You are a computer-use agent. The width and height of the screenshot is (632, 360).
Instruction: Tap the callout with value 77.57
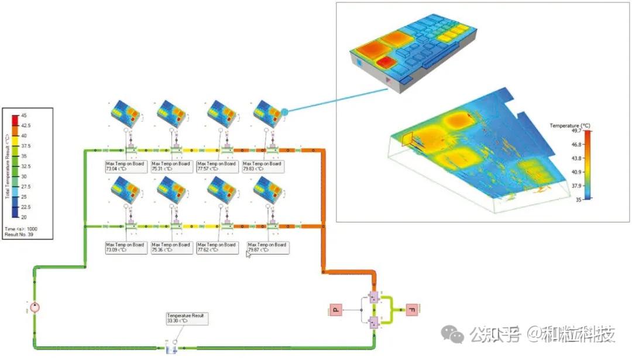click(x=217, y=166)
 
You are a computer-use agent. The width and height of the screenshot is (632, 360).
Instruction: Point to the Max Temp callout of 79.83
click(x=262, y=166)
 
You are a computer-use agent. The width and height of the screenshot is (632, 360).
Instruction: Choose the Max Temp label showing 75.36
click(x=171, y=248)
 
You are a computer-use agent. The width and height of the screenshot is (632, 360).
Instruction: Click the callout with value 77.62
click(x=217, y=248)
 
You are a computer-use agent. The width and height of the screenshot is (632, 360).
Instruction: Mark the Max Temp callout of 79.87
click(x=267, y=248)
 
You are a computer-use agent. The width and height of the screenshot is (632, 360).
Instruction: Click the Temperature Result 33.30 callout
click(x=186, y=318)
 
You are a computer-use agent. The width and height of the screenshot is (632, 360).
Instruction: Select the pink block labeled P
click(x=336, y=309)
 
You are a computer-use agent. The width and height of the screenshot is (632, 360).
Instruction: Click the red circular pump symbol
click(x=35, y=307)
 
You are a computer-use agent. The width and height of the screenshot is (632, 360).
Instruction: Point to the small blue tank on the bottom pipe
click(x=171, y=348)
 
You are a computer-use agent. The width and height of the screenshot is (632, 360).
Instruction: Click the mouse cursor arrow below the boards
click(x=248, y=254)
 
